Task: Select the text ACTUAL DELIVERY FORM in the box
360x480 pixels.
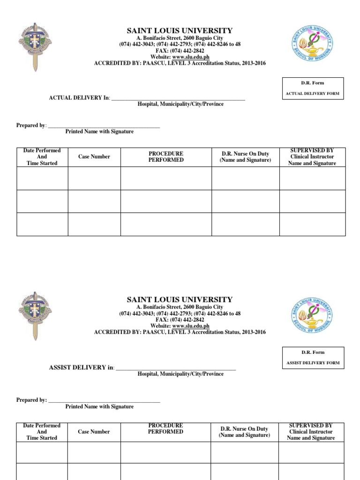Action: tap(312, 94)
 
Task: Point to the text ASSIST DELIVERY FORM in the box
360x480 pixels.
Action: tap(312, 363)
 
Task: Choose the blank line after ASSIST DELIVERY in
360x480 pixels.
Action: tap(176, 367)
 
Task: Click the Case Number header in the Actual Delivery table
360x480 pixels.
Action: tap(94, 157)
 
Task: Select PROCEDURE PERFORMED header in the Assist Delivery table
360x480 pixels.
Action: tap(165, 428)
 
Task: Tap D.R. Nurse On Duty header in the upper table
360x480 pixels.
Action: tap(245, 157)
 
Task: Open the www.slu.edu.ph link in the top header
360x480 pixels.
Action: tap(191, 57)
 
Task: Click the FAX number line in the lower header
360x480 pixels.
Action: tap(180, 320)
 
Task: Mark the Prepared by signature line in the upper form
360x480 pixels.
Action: tap(104, 125)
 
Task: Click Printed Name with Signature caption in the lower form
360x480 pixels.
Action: tap(99, 406)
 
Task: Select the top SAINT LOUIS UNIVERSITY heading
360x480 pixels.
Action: tap(180, 31)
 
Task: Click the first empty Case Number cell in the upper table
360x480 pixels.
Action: tap(94, 178)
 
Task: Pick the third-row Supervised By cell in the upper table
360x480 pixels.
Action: tap(312, 224)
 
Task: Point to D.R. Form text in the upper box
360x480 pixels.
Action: tap(312, 83)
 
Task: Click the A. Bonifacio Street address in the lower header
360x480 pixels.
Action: tap(180, 307)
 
